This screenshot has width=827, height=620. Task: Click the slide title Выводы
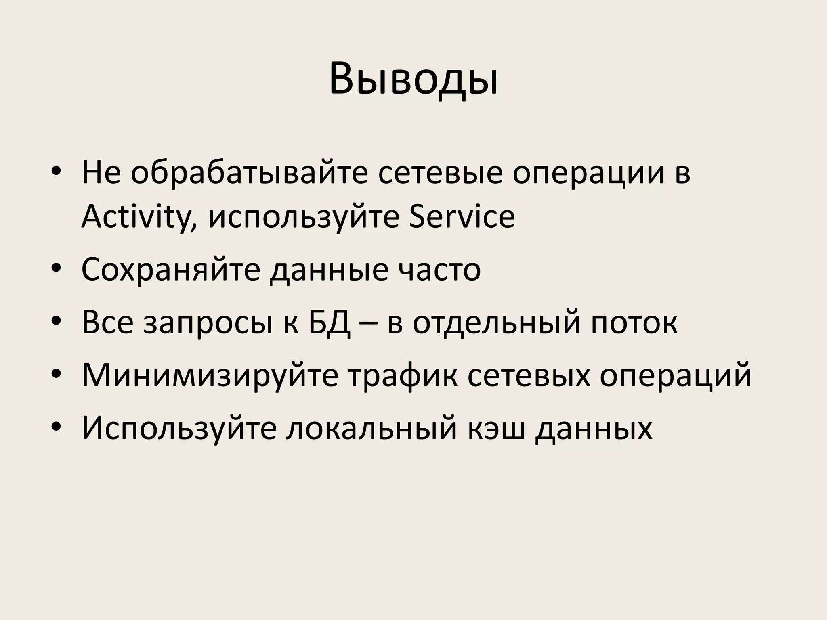click(413, 79)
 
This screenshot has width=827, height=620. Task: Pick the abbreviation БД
click(330, 323)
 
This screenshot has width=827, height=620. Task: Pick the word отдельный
click(497, 323)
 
